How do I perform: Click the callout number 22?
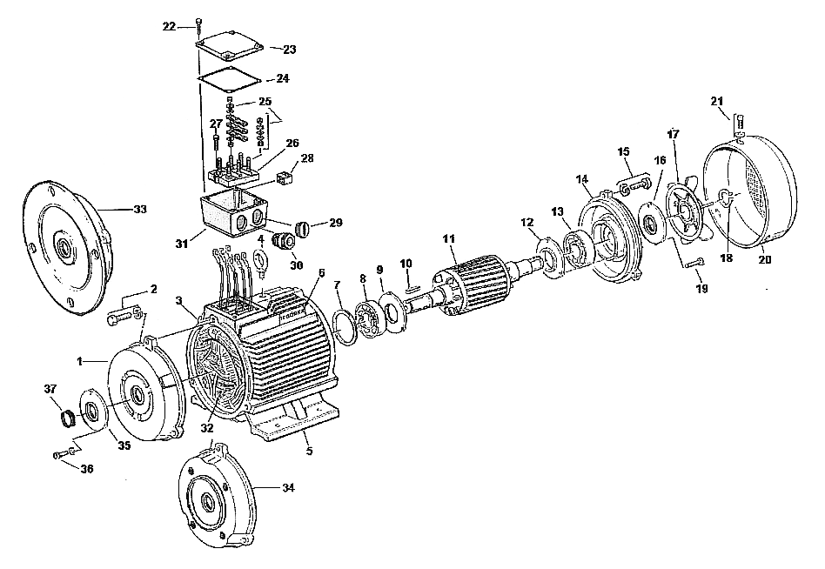point(169,26)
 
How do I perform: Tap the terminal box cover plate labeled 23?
point(230,45)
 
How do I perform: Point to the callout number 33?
point(140,210)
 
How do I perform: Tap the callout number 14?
point(581,179)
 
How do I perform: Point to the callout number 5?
point(310,451)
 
